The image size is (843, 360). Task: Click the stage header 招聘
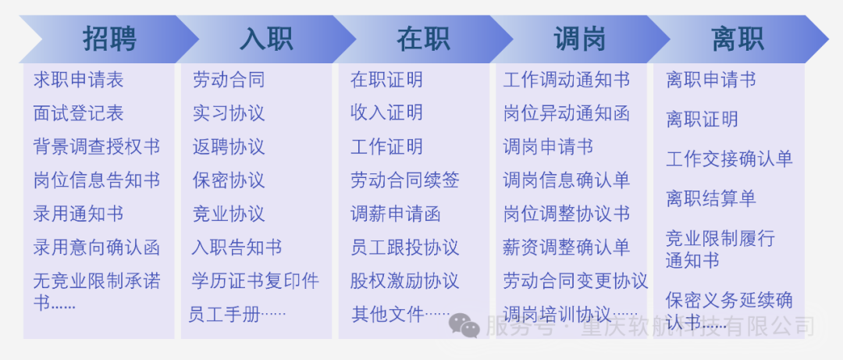pyautogui.click(x=109, y=38)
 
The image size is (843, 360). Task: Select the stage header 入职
pyautogui.click(x=266, y=38)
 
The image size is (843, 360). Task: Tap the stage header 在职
pyautogui.click(x=423, y=38)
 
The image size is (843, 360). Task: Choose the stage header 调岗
pyautogui.click(x=580, y=38)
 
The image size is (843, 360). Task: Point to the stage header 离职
pyautogui.click(x=737, y=38)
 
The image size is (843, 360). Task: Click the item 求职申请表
pyautogui.click(x=79, y=80)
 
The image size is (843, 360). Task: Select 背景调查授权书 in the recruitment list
pyautogui.click(x=97, y=147)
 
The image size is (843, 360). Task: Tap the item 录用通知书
pyautogui.click(x=79, y=214)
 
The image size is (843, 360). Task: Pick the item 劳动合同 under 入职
pyautogui.click(x=229, y=80)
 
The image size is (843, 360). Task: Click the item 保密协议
pyautogui.click(x=229, y=180)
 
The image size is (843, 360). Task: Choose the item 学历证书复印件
pyautogui.click(x=255, y=281)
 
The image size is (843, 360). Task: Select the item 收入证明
pyautogui.click(x=386, y=113)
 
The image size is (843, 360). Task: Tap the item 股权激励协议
pyautogui.click(x=404, y=281)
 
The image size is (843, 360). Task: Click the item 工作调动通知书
pyautogui.click(x=567, y=80)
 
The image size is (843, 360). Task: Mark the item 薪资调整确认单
pyautogui.click(x=567, y=248)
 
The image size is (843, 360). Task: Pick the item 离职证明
pyautogui.click(x=702, y=119)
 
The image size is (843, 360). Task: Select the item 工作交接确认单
pyautogui.click(x=729, y=159)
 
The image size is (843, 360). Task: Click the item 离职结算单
pyautogui.click(x=711, y=199)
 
